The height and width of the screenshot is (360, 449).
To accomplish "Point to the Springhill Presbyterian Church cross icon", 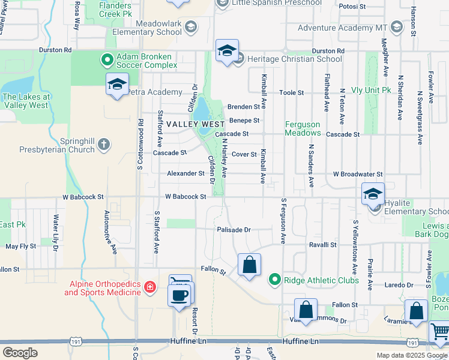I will coord(104,143).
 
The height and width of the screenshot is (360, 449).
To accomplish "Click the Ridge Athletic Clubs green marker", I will coord(275,280).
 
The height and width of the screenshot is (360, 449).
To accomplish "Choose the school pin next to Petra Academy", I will coord(117,85).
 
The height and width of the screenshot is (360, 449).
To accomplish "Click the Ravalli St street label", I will coord(322,245).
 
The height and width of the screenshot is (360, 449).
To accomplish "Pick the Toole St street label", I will coord(293,93).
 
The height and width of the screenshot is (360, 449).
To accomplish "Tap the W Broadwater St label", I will coord(358,174).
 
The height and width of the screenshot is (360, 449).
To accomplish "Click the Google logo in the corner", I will coord(20,353).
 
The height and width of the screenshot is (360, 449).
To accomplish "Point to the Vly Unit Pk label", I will coord(371,90).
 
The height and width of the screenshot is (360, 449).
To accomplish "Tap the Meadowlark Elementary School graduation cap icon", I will coord(191,26).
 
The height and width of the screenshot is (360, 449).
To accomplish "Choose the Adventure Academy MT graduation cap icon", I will coord(396,26).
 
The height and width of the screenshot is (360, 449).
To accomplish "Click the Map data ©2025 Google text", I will coord(412,355).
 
